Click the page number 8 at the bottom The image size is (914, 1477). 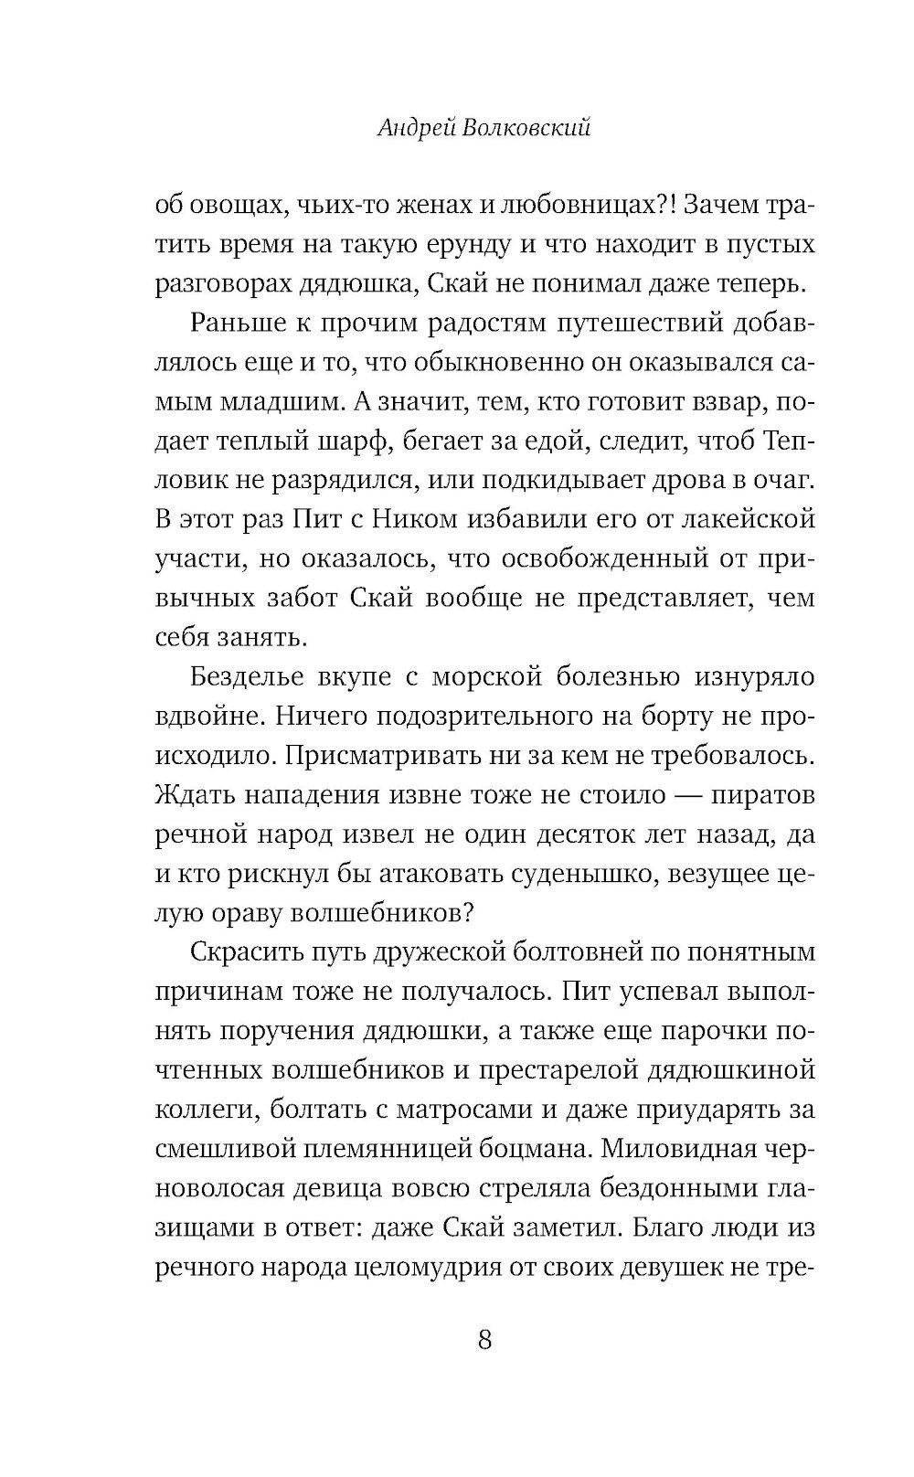click(x=484, y=1340)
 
